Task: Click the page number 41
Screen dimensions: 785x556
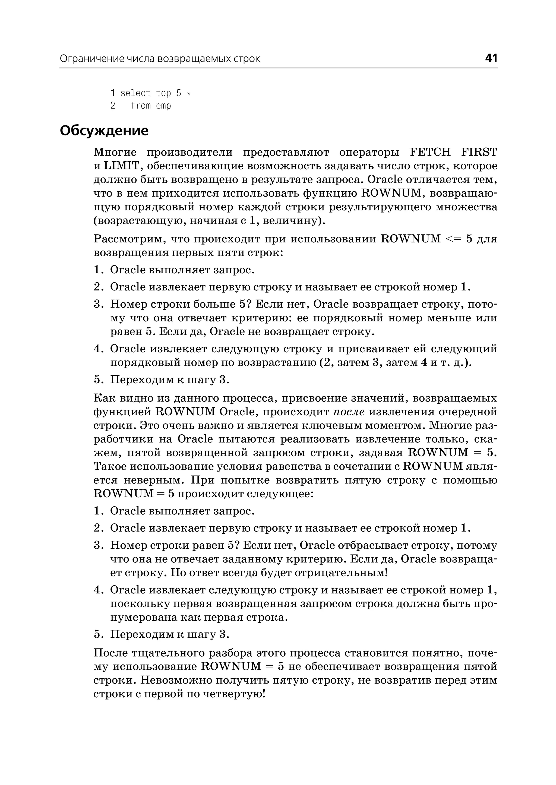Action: click(x=491, y=58)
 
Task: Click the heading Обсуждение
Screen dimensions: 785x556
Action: click(x=104, y=131)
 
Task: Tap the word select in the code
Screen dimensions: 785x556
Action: click(x=135, y=93)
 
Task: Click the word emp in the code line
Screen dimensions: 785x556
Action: click(x=163, y=106)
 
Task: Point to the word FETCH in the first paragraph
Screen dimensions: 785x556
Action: click(x=430, y=152)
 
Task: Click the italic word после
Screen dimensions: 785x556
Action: click(x=349, y=412)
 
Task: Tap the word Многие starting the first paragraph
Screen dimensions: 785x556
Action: click(x=115, y=152)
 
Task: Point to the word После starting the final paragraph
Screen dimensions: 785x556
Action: click(x=110, y=653)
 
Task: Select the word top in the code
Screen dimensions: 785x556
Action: click(x=163, y=93)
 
